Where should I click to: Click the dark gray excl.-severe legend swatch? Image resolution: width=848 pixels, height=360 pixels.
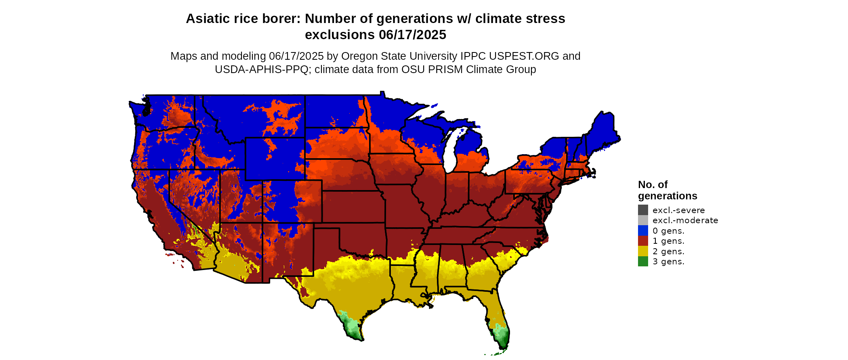pos(643,210)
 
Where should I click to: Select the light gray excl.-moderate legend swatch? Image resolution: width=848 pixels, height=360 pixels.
pos(643,220)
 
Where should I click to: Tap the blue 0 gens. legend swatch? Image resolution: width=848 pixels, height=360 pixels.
pos(643,231)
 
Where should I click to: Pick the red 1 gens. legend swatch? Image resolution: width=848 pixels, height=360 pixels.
pos(643,241)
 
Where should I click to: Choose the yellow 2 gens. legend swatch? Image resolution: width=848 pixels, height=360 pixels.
pos(643,251)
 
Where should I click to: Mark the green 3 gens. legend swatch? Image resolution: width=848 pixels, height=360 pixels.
pos(643,262)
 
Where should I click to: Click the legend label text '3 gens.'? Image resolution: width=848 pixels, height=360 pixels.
pos(668,262)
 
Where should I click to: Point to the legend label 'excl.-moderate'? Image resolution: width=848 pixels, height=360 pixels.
pos(685,220)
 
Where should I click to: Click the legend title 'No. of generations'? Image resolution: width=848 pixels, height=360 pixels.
pos(667,190)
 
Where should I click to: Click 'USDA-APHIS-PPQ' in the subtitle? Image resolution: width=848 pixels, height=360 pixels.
pos(262,69)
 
